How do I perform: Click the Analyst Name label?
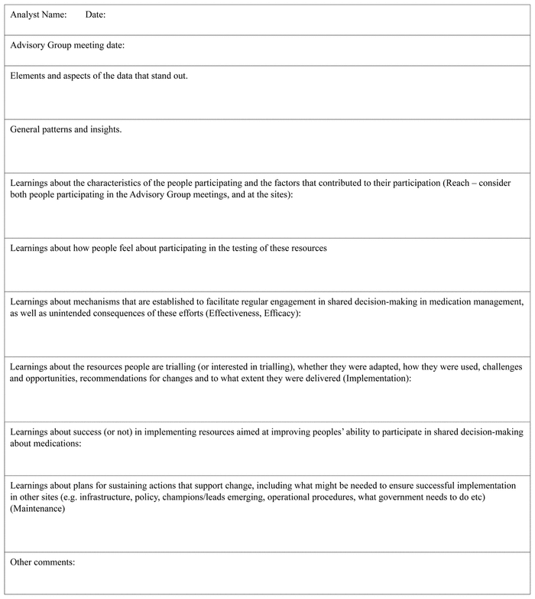click(x=38, y=15)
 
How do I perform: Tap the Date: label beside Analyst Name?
click(x=96, y=15)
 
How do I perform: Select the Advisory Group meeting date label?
click(x=67, y=45)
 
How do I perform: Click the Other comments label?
click(x=43, y=562)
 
